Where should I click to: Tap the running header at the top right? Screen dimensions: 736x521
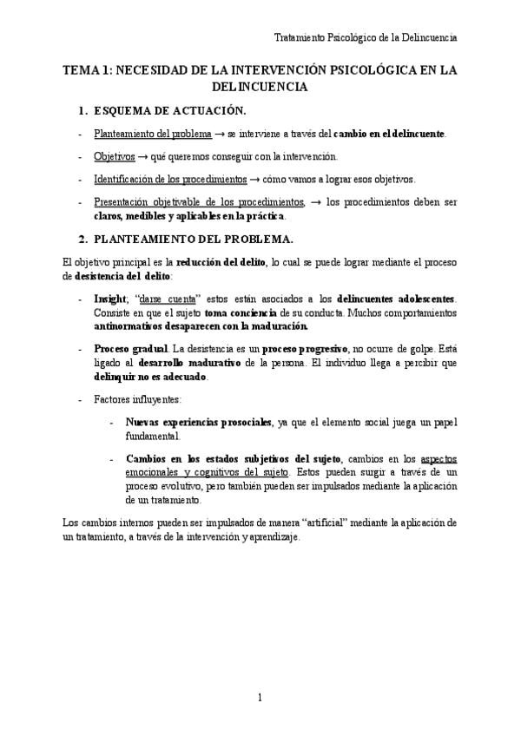coord(366,37)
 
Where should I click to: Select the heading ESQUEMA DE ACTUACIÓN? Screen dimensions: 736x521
coord(170,110)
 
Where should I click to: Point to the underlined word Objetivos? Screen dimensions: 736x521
coord(115,156)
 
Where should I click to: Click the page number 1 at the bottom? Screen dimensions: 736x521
coord(260,697)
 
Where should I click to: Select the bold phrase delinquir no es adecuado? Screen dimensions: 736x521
coord(150,377)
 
